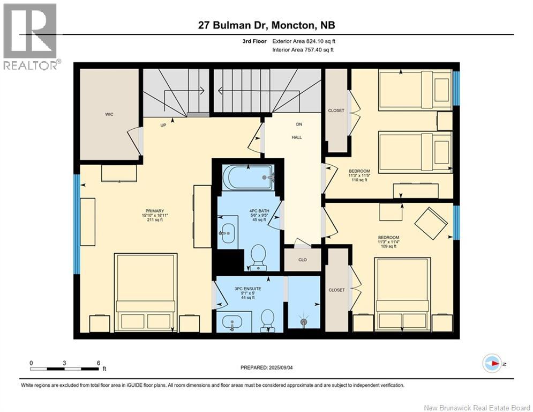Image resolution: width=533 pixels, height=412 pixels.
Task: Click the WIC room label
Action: pos(109,114)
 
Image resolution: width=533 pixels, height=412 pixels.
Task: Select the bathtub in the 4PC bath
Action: pos(248,177)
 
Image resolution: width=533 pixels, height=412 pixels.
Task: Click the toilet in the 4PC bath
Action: pos(258,256)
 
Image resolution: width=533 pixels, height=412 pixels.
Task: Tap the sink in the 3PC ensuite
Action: pos(230,323)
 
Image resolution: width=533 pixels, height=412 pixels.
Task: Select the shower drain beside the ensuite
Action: pos(304,322)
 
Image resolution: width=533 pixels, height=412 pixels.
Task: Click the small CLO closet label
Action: pos(303,261)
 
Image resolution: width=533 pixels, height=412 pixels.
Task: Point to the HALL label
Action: pos(297,137)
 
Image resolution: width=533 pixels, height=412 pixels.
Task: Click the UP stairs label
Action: pos(163,125)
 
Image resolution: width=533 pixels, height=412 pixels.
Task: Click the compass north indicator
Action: pos(491,363)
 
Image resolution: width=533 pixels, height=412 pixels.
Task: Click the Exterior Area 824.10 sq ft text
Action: pos(304,41)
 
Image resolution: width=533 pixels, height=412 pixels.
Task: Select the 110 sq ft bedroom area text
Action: pos(359,181)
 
